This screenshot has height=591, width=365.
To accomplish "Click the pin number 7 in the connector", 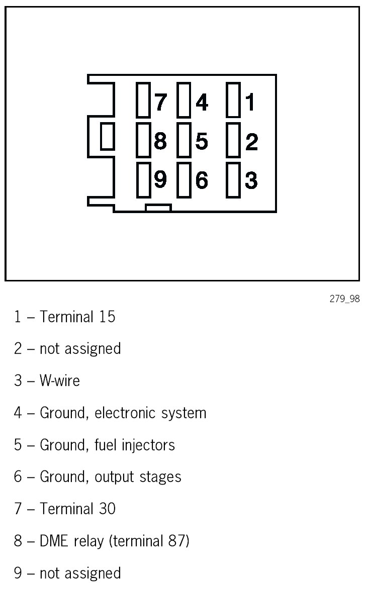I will click(160, 102).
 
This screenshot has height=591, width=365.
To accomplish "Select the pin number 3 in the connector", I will click(251, 180).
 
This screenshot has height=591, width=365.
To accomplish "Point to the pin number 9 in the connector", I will click(160, 179).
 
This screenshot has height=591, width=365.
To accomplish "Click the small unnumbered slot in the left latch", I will click(107, 137).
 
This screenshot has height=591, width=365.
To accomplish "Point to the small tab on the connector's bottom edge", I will click(158, 208).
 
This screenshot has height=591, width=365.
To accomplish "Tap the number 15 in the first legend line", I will click(107, 317).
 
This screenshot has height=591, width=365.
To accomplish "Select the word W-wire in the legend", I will click(59, 380).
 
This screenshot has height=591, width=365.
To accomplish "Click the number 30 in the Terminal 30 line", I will click(107, 509).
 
